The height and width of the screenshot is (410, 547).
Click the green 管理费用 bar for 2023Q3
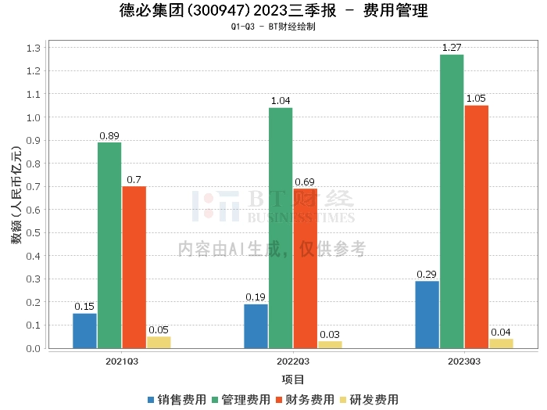[452, 202]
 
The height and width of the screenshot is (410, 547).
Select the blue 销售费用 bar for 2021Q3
[84, 331]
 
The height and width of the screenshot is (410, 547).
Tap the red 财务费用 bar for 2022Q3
[306, 268]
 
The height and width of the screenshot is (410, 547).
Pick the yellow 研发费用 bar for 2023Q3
[502, 343]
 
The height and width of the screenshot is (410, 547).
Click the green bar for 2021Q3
[109, 246]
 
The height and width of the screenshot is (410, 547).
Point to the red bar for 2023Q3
[477, 227]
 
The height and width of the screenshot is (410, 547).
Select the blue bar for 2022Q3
[256, 326]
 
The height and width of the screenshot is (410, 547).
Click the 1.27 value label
[452, 48]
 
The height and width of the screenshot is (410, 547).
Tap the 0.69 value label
[305, 182]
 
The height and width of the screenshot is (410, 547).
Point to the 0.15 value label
[84, 307]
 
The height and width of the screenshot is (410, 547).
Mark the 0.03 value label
[330, 335]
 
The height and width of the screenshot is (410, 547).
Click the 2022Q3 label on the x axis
[293, 361]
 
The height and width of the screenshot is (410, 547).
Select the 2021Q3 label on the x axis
[122, 361]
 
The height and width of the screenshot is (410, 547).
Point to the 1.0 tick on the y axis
[34, 117]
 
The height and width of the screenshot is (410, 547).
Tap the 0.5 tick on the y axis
[34, 233]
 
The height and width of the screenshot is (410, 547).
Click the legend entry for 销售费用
[177, 400]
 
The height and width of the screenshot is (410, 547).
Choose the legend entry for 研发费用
[369, 400]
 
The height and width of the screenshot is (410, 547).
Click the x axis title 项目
[293, 379]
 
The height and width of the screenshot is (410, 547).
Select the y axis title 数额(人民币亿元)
[16, 196]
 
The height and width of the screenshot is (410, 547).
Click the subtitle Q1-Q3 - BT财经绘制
[273, 27]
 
